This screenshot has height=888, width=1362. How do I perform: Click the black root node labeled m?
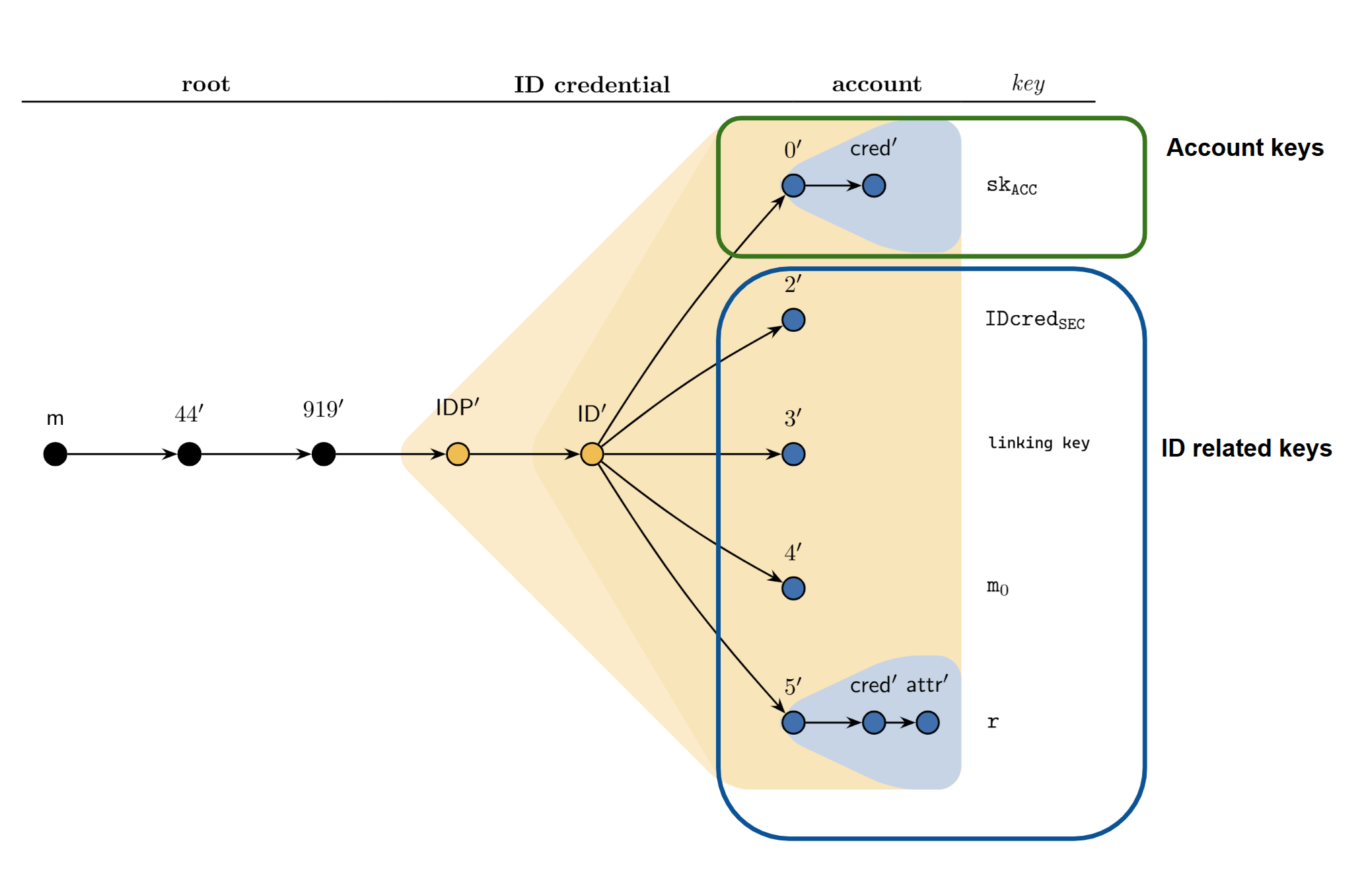[x=55, y=454]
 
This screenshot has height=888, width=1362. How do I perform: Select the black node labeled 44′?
[x=190, y=454]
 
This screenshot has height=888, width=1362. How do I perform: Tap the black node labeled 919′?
[x=324, y=454]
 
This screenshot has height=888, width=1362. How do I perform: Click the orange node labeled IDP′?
[x=458, y=454]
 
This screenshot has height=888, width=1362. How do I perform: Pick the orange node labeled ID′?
[x=592, y=454]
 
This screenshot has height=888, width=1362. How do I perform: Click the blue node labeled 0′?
[x=793, y=186]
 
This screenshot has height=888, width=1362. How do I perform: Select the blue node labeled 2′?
[x=793, y=320]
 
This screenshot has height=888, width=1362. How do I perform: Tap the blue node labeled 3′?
[x=793, y=454]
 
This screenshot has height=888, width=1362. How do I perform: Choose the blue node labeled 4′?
[x=793, y=588]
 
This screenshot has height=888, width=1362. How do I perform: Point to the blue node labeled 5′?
[x=793, y=722]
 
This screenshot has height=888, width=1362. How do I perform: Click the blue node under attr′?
[x=927, y=722]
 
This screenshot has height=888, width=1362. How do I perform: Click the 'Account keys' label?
[x=1244, y=147]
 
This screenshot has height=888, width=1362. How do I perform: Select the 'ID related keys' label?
[x=1246, y=448]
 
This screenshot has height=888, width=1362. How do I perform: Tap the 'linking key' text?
[x=1038, y=443]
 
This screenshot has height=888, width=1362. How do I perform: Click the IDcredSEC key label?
[x=1034, y=320]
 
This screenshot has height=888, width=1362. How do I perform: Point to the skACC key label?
[x=1011, y=186]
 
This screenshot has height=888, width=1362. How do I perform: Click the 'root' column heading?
[x=205, y=84]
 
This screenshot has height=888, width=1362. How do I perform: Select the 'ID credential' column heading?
[x=592, y=85]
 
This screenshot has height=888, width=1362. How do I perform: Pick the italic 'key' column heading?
[x=1028, y=84]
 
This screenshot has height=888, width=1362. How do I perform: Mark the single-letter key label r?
[x=993, y=721]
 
